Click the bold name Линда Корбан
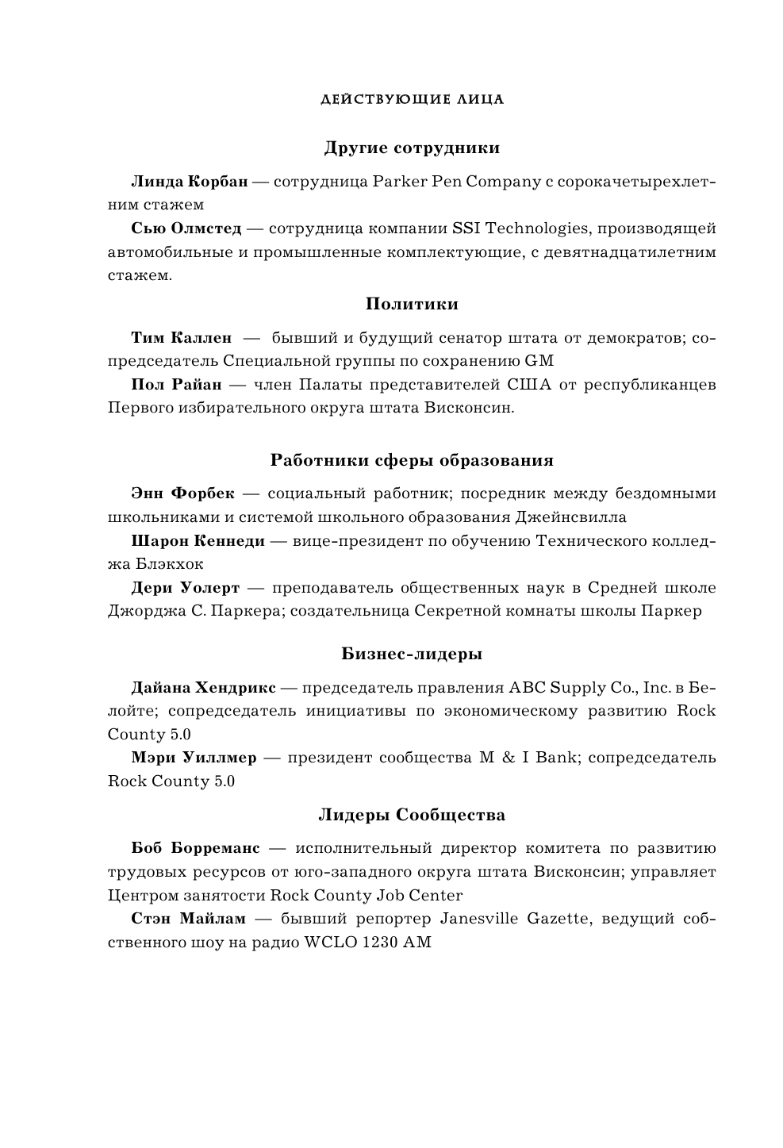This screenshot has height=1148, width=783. [189, 182]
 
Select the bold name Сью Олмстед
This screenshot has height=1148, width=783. [186, 228]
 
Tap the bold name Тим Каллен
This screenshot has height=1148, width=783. [181, 338]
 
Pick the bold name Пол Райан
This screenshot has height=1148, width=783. [176, 385]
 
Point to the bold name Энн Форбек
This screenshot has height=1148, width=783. [182, 493]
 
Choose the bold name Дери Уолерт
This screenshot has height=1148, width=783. [185, 588]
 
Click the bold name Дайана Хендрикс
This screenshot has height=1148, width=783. [203, 687]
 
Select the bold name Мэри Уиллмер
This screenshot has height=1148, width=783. [194, 757]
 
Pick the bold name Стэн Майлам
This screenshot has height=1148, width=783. [188, 919]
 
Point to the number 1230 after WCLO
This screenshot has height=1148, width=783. [378, 943]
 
